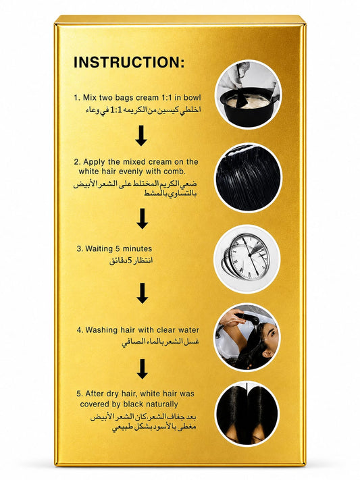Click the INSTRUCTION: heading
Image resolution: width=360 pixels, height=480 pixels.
[x=129, y=62]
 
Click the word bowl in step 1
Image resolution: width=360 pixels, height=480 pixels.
[x=192, y=98]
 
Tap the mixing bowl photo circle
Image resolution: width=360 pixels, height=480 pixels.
[x=248, y=95]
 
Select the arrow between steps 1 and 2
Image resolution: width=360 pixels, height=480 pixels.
[x=141, y=135]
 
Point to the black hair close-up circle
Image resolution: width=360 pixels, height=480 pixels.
[x=248, y=178]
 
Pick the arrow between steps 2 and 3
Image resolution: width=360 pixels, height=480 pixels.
[x=142, y=219]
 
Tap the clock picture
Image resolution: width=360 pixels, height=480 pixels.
[x=247, y=259]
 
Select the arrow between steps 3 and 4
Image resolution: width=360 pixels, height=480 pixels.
[x=142, y=293]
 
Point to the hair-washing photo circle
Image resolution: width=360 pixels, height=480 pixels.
[x=247, y=337]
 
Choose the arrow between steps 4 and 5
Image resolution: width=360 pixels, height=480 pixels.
[x=142, y=369]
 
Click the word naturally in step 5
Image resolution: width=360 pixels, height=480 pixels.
[x=161, y=404]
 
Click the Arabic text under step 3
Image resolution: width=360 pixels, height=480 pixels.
[x=131, y=261]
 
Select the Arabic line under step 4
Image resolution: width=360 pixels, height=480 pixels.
[x=160, y=342]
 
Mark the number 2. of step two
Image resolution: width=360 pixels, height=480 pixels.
[x=77, y=162]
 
